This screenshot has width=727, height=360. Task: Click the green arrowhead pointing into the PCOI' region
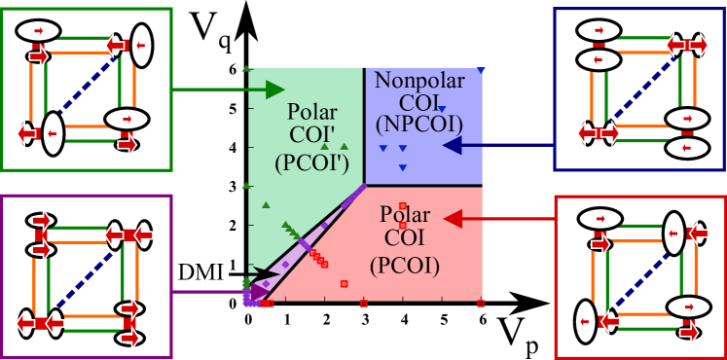pos(276,90)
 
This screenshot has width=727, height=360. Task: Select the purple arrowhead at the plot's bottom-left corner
pos(260,291)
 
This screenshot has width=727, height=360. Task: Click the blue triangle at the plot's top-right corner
pos(481,70)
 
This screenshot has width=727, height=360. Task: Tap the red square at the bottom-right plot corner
pos(481,304)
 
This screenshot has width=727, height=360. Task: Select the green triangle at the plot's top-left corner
pos(247,69)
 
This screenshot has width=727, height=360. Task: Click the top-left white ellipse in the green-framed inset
pos(37,31)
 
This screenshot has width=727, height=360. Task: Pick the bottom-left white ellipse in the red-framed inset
pos(585,322)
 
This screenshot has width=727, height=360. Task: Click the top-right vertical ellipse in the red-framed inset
pos(673,234)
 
